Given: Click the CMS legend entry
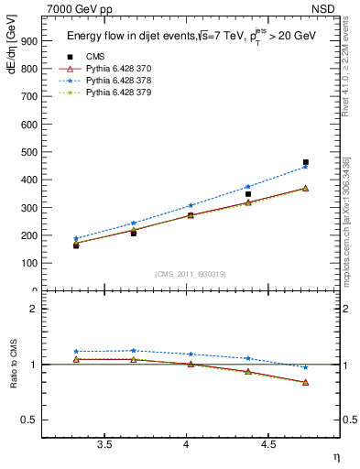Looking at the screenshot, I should (95, 57).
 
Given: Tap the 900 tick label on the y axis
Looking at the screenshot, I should (29, 41).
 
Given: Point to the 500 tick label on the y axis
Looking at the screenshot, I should (29, 152).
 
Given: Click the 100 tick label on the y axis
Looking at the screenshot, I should (29, 263).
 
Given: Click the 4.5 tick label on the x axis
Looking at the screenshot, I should (267, 445).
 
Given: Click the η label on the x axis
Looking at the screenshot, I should (335, 457).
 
